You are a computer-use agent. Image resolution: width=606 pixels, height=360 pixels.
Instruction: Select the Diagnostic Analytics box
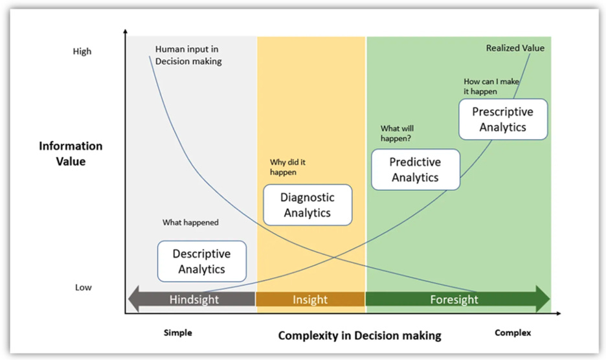[x=308, y=205]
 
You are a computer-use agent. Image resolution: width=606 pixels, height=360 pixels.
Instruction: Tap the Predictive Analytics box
[x=415, y=170]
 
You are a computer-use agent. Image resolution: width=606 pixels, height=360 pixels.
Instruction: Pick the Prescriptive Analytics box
[x=503, y=119]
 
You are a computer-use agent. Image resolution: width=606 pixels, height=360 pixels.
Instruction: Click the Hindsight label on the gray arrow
[x=194, y=299]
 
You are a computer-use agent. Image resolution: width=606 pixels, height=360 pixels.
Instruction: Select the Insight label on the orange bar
[x=310, y=299]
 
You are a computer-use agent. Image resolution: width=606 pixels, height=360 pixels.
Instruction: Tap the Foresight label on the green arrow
[x=454, y=299]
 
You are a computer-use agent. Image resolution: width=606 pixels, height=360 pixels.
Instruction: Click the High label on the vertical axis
[x=82, y=51]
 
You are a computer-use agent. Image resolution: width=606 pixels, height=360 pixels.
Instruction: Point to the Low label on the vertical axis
[x=83, y=287]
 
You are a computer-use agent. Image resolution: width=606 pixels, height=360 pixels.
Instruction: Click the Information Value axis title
[x=71, y=153]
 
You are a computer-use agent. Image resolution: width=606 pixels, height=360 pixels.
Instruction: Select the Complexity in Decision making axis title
[x=359, y=335]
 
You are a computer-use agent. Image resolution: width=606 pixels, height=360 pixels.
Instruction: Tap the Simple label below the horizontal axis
[x=177, y=333]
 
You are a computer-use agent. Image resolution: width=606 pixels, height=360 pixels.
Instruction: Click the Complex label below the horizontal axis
[x=513, y=333]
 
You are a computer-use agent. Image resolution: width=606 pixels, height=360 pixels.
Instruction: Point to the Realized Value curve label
[x=515, y=48]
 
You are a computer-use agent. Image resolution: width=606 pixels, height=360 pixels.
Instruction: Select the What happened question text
[x=190, y=223]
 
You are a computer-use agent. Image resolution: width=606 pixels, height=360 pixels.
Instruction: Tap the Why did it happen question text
[x=288, y=168]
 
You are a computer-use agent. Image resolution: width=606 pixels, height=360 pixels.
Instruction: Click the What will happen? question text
[x=396, y=133]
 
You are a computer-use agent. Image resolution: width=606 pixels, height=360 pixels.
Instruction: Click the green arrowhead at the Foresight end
[x=543, y=299]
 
